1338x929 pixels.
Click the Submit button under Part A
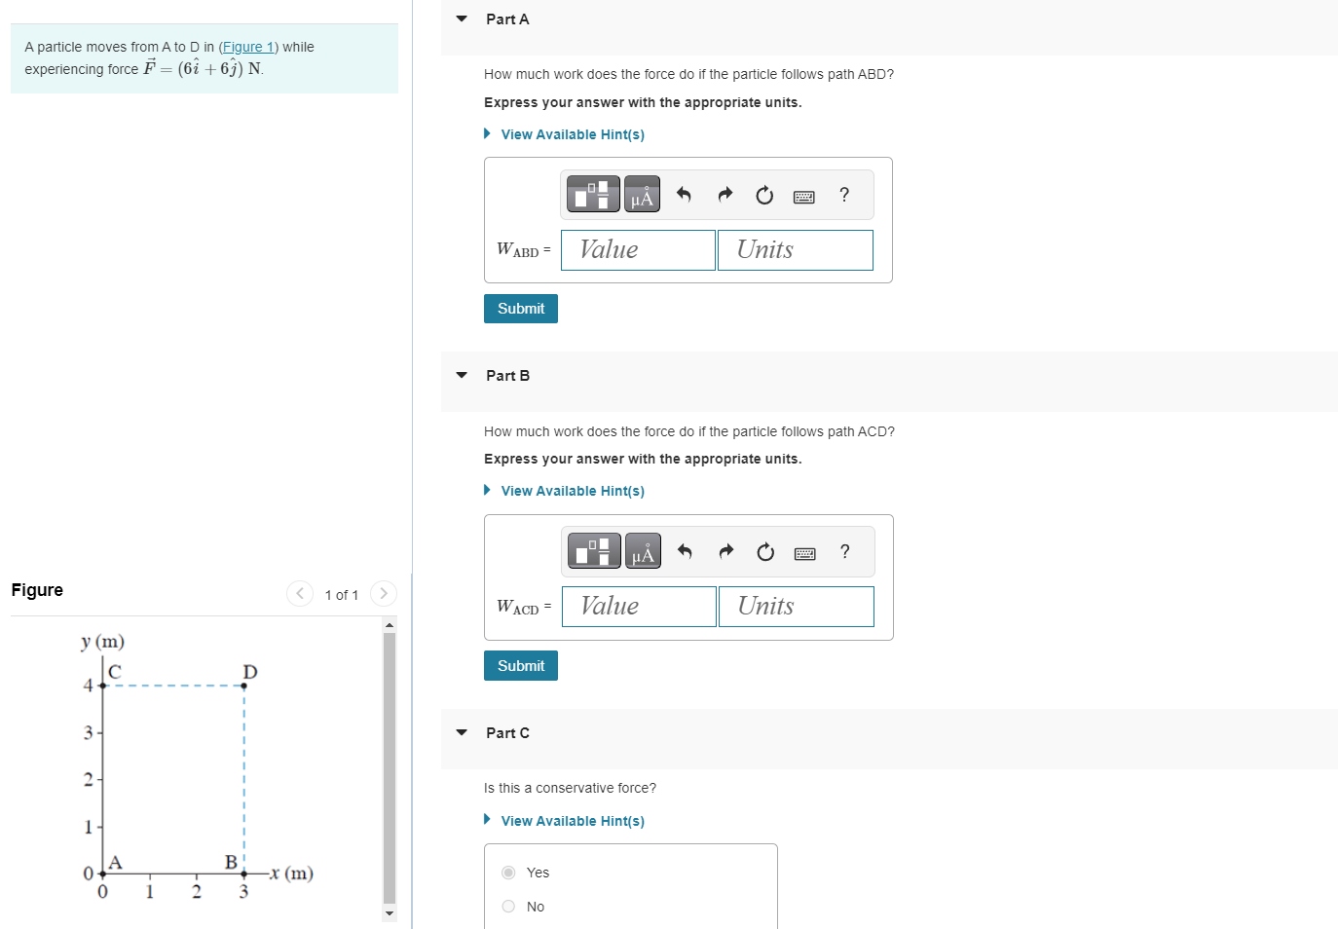(x=520, y=309)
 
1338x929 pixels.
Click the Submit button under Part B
(x=520, y=666)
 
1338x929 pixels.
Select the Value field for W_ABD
(x=638, y=250)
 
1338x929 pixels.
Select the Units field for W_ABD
(x=795, y=250)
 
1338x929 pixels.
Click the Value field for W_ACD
(x=639, y=607)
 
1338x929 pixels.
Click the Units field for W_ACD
(x=796, y=607)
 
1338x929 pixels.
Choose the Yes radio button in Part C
(x=508, y=873)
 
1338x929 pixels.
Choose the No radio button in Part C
(x=508, y=907)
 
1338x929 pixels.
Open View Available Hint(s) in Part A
(x=572, y=134)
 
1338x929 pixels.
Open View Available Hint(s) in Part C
(x=572, y=821)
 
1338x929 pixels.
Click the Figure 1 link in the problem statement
(x=248, y=47)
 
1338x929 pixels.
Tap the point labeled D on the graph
(x=243, y=686)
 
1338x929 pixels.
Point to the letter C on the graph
(x=115, y=671)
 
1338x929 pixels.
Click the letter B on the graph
(x=231, y=862)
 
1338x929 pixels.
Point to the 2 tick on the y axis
(x=89, y=779)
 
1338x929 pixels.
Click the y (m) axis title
(x=102, y=641)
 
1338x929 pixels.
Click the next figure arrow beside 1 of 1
(x=384, y=593)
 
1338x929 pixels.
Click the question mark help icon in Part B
(x=844, y=552)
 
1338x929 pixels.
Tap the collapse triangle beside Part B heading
(x=462, y=375)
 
